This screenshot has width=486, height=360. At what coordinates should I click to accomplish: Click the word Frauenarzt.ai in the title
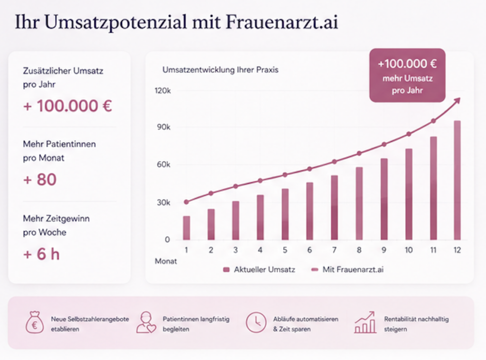[281, 22]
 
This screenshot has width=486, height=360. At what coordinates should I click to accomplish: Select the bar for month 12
[457, 180]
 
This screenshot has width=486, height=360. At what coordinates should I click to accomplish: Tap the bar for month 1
[186, 228]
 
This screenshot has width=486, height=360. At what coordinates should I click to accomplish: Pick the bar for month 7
[334, 208]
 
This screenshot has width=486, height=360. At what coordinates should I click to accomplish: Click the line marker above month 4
[260, 181]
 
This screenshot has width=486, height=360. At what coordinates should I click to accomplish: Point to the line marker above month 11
[433, 121]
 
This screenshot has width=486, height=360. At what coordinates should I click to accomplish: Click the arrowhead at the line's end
[458, 101]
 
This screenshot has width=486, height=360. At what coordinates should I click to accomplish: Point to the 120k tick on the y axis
[163, 91]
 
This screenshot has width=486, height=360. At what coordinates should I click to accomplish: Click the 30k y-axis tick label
[164, 203]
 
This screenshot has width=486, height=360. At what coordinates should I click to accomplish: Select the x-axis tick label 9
[383, 250]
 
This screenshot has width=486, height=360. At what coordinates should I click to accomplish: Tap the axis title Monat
[166, 261]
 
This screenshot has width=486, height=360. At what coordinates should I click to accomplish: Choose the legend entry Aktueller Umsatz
[259, 269]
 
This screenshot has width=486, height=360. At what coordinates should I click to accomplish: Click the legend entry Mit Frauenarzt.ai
[347, 269]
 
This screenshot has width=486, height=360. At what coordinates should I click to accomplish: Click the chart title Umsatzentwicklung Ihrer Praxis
[220, 70]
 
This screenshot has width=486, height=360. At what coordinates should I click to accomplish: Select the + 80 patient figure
[40, 179]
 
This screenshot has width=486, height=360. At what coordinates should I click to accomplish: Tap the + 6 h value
[41, 254]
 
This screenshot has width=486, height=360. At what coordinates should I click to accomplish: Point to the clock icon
[256, 322]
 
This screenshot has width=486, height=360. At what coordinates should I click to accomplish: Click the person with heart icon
[146, 323]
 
